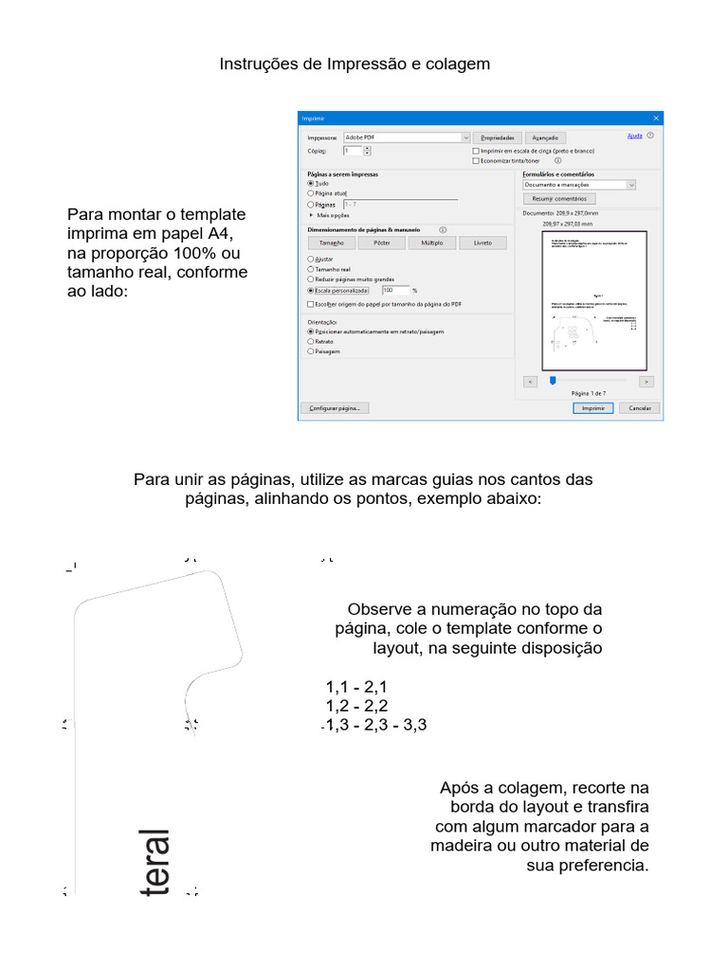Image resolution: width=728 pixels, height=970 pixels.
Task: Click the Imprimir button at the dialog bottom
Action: (x=593, y=408)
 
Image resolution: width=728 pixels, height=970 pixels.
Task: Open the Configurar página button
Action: (x=335, y=408)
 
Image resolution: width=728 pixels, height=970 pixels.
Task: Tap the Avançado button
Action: (x=545, y=137)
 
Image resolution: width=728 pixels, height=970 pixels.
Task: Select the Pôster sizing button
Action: (x=382, y=242)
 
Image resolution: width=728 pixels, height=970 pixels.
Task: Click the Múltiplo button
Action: (x=432, y=242)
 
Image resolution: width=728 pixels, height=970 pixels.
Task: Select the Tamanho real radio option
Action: (x=311, y=269)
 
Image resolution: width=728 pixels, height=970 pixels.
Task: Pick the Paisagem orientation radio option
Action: (x=311, y=351)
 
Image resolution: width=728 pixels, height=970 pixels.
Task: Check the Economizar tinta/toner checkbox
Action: (x=476, y=161)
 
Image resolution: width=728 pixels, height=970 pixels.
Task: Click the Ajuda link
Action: (x=635, y=136)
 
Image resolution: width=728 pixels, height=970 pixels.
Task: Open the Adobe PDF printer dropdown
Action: (x=408, y=137)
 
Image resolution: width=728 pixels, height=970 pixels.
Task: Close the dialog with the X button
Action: (x=656, y=118)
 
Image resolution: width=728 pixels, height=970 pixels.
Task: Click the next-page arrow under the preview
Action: (x=646, y=381)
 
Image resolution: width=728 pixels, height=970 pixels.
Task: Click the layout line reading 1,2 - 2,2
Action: (x=356, y=706)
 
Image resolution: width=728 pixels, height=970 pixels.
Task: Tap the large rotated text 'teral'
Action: (x=152, y=862)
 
